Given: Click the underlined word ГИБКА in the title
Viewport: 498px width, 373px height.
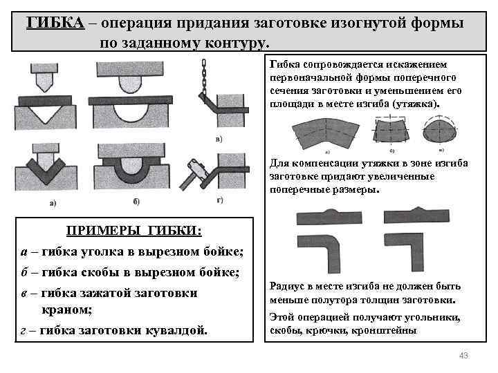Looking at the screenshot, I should click(x=55, y=21).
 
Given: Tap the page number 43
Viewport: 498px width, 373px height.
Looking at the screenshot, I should click(x=463, y=355).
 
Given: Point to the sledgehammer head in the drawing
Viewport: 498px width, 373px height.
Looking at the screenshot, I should click(x=196, y=168).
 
